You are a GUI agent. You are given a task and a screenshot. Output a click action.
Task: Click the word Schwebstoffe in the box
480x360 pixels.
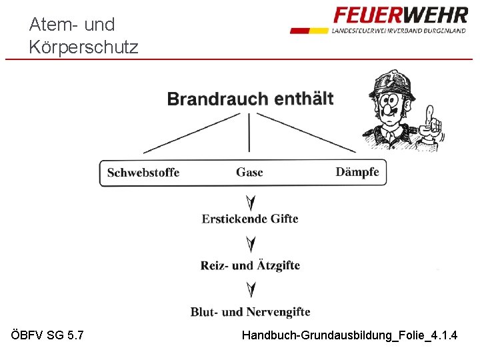point(143,173)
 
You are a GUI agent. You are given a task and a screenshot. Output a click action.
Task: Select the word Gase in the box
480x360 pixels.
point(249,172)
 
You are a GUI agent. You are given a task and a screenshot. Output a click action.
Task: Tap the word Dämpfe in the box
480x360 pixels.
point(357,172)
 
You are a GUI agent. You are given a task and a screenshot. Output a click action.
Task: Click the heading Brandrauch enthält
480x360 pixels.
point(250,99)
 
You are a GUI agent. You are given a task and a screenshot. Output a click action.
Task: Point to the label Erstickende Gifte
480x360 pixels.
point(250,219)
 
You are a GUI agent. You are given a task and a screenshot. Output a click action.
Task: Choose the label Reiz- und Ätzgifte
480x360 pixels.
point(250,265)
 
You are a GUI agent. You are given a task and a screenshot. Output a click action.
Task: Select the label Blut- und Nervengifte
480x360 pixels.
point(250,312)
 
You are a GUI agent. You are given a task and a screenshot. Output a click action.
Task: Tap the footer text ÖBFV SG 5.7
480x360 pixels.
point(48,335)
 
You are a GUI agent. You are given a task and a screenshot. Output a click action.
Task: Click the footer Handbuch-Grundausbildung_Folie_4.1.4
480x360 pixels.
point(349,335)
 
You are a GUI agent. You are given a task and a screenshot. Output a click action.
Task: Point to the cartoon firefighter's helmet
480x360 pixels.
point(393,83)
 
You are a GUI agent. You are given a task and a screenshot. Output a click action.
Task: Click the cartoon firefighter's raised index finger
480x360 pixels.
point(430,113)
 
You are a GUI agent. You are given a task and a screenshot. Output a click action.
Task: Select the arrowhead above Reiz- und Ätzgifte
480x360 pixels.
point(250,245)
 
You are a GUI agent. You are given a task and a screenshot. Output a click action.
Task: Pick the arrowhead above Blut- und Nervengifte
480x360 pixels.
point(250,290)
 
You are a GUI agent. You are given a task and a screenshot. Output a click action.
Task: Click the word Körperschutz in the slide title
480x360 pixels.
point(84,47)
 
